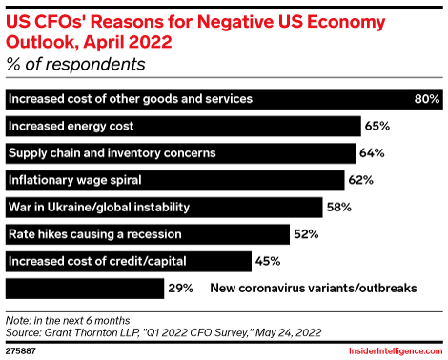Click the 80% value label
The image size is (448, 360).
425,99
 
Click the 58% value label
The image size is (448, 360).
338,207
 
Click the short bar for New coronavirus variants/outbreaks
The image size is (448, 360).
82,287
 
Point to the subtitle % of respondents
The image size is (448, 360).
75,65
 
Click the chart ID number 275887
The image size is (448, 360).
25,348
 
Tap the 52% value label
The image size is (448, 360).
306,233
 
